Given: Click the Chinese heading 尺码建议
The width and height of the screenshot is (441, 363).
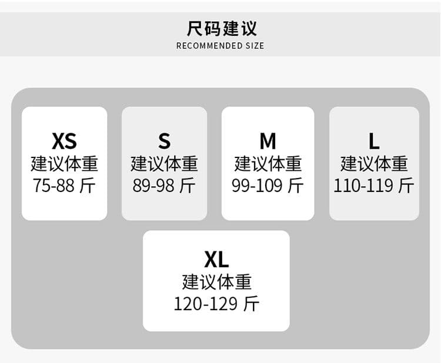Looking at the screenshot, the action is coord(222,28).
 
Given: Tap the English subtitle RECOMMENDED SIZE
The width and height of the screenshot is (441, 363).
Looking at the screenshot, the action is coord(220,46).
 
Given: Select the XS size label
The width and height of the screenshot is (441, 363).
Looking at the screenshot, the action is coord(65,141).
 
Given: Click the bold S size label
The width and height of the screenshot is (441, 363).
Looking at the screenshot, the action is coord(164,141).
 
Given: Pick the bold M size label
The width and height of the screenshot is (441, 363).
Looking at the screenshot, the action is coord(268,141).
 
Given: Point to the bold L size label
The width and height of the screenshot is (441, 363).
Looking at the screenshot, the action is coord(374,141).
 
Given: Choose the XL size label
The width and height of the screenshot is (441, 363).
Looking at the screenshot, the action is coord(216,260).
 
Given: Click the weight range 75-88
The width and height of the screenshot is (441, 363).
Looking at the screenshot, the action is coord(54,186).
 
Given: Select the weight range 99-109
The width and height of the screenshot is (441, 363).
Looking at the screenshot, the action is coord(257,186).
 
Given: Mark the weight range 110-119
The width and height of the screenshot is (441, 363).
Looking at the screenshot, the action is coord(363,186).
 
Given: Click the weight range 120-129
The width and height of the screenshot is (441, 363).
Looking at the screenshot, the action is coord(206,304).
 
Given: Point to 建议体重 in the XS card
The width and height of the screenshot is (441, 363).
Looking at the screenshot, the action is coord(65,163).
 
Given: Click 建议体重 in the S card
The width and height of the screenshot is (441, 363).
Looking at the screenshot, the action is coord(164,163).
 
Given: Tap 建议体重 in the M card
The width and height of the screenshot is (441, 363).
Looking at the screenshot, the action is coord(268,163).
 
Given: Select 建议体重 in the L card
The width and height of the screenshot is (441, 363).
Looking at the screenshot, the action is coord(374,163).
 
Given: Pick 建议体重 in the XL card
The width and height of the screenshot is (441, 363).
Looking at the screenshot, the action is coord(216,282).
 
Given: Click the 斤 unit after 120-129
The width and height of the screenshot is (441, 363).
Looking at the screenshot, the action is coord(251,304).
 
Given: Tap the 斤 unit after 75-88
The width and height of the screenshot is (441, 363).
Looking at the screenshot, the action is coord(87,186).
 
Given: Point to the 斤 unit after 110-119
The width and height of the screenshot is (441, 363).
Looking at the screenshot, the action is coord(406,186).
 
